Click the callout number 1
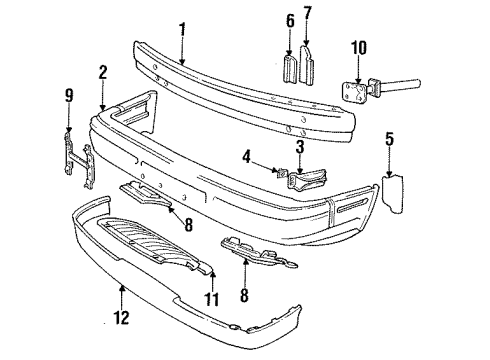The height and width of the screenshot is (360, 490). [x=181, y=32]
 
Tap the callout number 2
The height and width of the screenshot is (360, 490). [x=103, y=73]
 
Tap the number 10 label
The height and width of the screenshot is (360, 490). [x=357, y=45]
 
